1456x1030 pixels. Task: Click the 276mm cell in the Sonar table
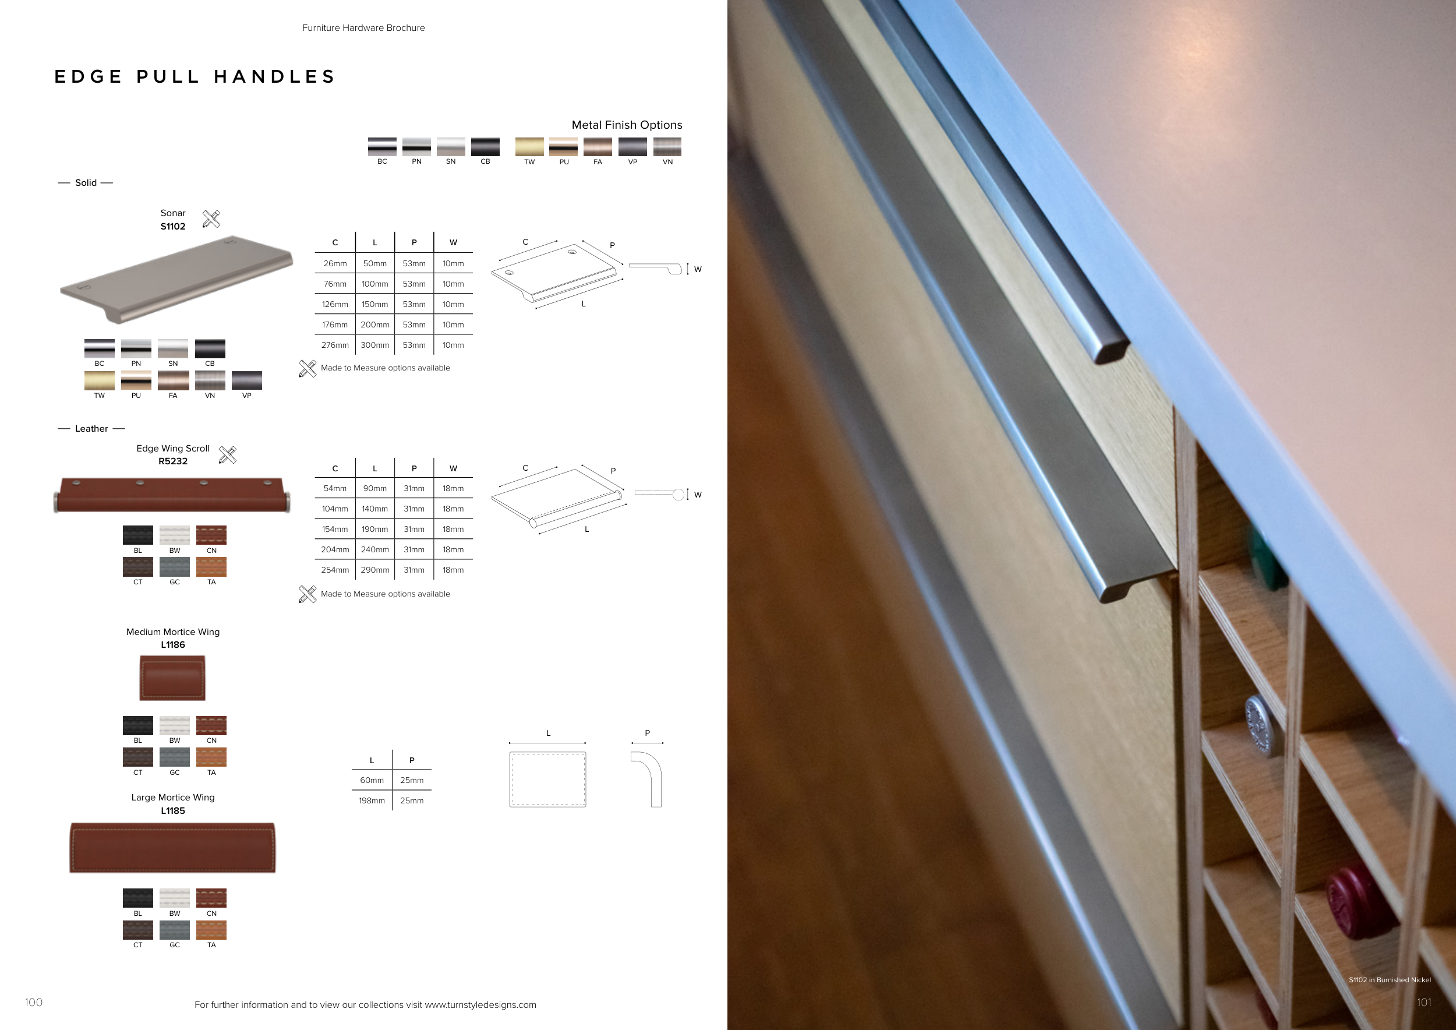335,345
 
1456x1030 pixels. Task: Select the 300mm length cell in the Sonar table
375,345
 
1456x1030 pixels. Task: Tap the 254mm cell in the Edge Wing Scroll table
335,570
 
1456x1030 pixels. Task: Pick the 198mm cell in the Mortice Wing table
372,801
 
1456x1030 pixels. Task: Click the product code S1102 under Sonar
173,227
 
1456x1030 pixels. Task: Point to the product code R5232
173,461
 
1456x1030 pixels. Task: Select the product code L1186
173,645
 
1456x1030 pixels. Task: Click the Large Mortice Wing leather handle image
172,848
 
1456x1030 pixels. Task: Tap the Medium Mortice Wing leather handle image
172,678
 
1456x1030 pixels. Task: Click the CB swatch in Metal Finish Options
485,146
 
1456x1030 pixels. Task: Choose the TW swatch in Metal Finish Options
529,146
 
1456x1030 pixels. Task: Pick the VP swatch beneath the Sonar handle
247,380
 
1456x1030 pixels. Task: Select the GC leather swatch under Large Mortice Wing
174,930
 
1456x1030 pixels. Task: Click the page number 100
34,1002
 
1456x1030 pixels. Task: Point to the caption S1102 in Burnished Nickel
1390,980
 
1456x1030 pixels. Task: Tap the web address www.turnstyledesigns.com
480,1004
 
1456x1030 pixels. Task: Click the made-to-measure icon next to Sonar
211,219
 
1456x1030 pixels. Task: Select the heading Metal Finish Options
627,125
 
